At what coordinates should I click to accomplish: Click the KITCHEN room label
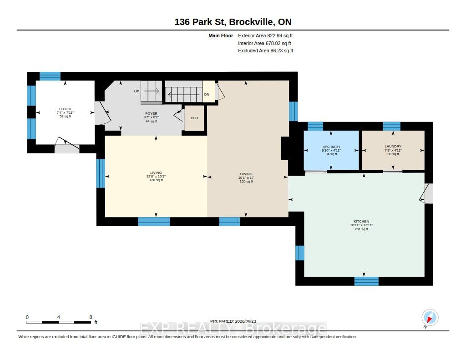point(361,222)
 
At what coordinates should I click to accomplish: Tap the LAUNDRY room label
point(393,146)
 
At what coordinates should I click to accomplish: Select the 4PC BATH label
point(331,147)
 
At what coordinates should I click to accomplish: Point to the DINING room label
point(246,174)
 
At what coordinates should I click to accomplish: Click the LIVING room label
point(156,172)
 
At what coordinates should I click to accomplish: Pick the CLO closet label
point(194,118)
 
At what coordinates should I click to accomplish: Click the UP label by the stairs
point(137,91)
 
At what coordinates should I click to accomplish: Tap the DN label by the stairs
point(207,94)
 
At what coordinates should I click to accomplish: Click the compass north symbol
point(430,318)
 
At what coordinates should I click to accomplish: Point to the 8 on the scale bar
point(91,317)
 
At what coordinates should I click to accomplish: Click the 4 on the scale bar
point(59,317)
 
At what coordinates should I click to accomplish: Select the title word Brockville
point(252,22)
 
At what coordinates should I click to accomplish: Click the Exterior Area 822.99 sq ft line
point(265,35)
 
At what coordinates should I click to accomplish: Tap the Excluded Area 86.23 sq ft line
point(266,51)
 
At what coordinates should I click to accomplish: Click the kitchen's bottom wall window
point(366,281)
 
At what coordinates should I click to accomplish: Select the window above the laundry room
point(391,127)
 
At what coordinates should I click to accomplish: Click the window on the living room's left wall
point(101,173)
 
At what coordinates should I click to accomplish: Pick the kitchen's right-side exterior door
point(427,193)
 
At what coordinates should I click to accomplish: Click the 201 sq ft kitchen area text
point(361,229)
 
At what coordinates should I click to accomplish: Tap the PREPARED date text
point(233,321)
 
